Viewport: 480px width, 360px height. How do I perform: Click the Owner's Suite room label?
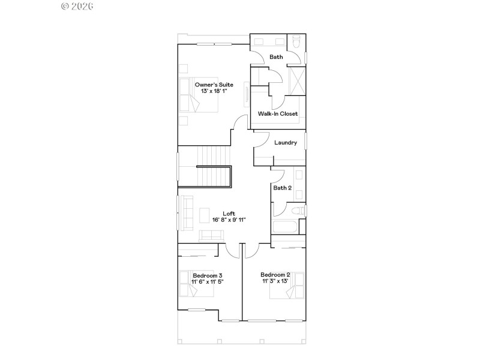(214, 85)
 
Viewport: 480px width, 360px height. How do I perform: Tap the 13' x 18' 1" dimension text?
(214, 91)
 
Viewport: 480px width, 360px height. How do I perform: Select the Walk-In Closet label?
(278, 113)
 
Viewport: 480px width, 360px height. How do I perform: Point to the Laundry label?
(286, 143)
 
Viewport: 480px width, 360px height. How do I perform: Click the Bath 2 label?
(283, 188)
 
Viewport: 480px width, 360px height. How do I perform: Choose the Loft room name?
(229, 214)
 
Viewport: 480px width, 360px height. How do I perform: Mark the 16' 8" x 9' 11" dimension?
(229, 220)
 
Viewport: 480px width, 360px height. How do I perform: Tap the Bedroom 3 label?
(208, 275)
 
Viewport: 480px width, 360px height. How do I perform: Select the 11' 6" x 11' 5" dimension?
(208, 281)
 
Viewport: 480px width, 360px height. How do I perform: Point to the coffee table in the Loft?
(205, 215)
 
